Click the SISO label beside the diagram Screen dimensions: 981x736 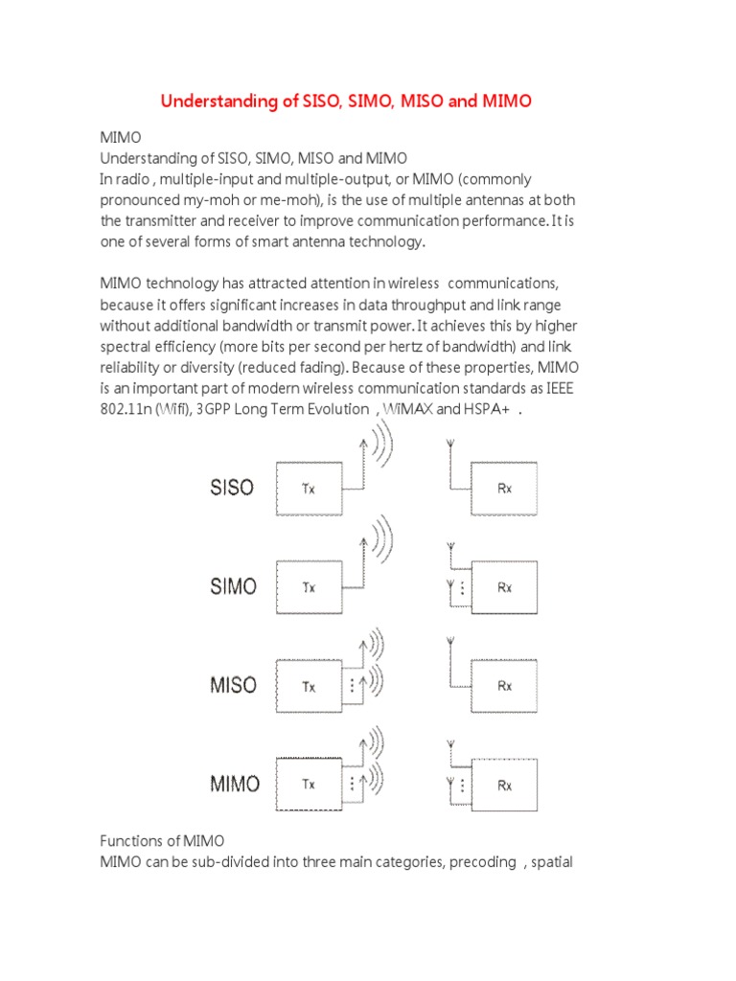pos(231,487)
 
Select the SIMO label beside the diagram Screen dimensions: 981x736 pos(233,585)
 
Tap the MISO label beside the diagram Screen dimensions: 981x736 pos(233,685)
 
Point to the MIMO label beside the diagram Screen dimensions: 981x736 pos(234,784)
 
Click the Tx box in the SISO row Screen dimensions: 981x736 pos(309,488)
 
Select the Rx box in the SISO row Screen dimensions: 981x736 pos(504,488)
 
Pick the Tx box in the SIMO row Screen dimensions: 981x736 pos(309,587)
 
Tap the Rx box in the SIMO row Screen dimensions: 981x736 pos(504,587)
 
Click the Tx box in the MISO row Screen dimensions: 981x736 pos(309,686)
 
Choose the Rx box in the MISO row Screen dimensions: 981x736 pos(504,686)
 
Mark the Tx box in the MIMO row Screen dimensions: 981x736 pos(309,785)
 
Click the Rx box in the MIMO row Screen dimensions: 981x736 pos(504,785)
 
